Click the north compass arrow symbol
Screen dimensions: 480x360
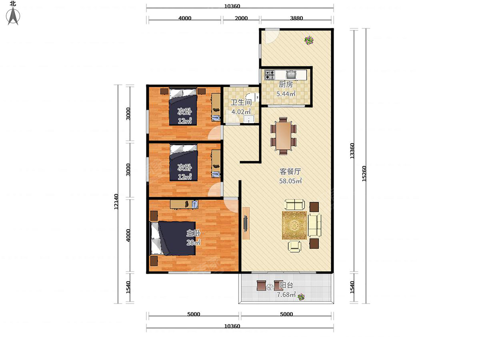tap(13, 16)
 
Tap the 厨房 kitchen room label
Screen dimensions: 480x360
tap(286, 84)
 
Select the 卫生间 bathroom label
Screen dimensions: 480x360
tap(241, 102)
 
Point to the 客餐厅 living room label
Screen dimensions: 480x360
tap(290, 172)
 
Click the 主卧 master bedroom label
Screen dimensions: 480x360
tap(193, 233)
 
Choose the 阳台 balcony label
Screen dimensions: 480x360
tap(286, 285)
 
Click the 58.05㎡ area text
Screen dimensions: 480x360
tap(290, 181)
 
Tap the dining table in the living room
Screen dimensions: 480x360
tap(283, 136)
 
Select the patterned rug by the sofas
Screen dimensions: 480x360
tap(294, 225)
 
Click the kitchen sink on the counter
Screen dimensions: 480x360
tap(291, 74)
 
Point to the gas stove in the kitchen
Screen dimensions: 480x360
tap(270, 74)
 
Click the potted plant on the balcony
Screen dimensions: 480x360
tap(301, 297)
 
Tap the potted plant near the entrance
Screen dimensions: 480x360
tap(309, 40)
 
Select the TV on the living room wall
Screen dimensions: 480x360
tap(246, 223)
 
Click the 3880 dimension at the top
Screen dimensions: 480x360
tap(296, 18)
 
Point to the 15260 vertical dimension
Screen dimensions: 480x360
tap(364, 174)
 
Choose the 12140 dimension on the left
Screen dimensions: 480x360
tap(116, 202)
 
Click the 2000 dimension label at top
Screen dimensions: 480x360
tap(241, 18)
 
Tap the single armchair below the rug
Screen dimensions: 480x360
tap(294, 246)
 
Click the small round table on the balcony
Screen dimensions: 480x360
tap(270, 286)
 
